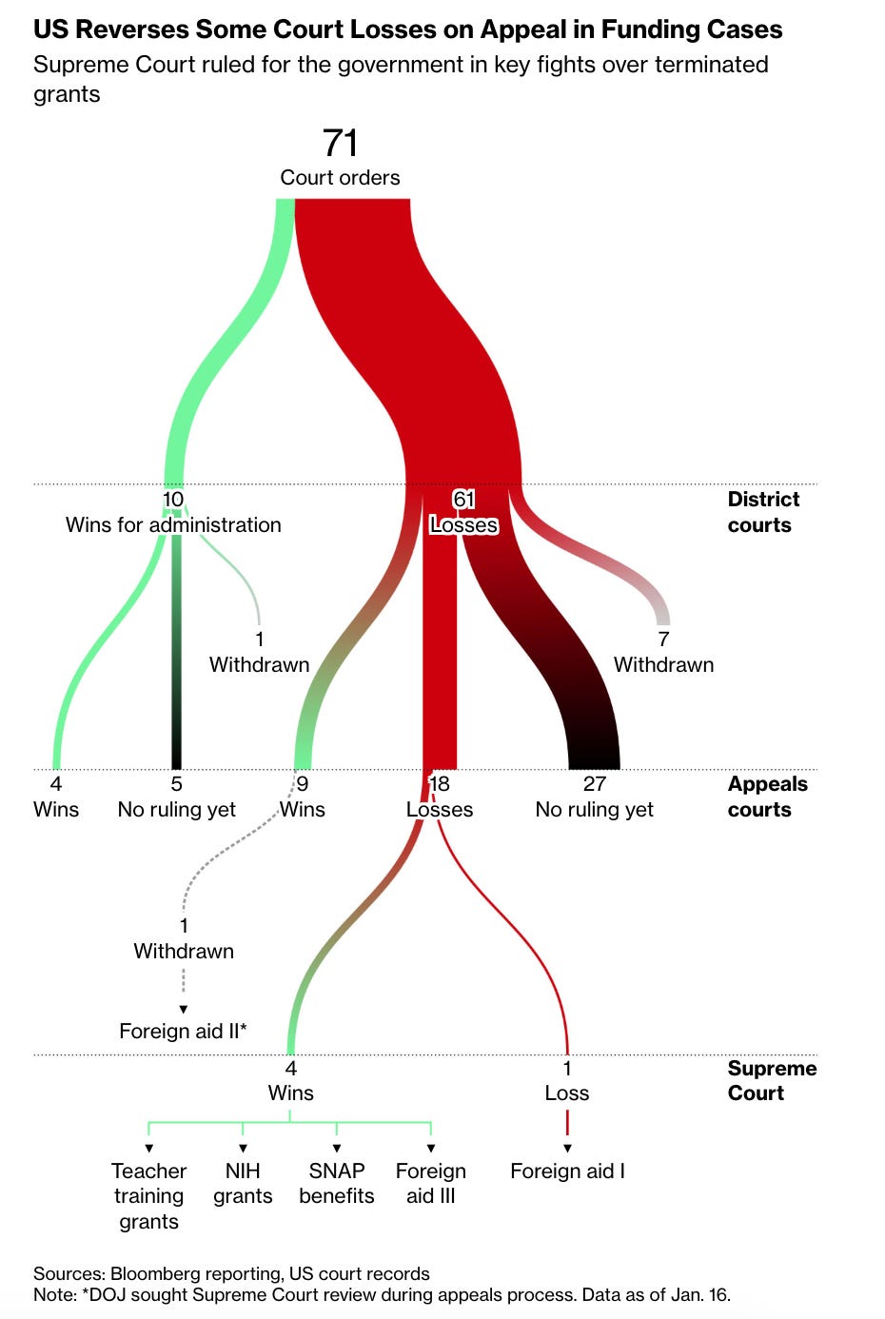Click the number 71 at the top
(x=340, y=143)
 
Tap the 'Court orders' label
(x=340, y=178)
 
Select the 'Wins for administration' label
(x=173, y=525)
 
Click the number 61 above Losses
(x=463, y=500)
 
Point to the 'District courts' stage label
(x=762, y=512)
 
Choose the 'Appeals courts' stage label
(x=767, y=797)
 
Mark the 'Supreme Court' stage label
(x=771, y=1080)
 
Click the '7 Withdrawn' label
(x=663, y=653)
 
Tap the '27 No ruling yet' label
(x=594, y=797)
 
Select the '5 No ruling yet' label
(x=176, y=797)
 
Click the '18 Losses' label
(x=440, y=797)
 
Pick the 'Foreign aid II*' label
(x=183, y=1031)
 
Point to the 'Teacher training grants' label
(x=148, y=1195)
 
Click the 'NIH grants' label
(x=243, y=1183)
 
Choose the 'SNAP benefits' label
(x=337, y=1183)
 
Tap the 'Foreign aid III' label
(x=430, y=1183)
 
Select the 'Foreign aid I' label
(x=567, y=1171)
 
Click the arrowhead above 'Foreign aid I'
(x=567, y=1149)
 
